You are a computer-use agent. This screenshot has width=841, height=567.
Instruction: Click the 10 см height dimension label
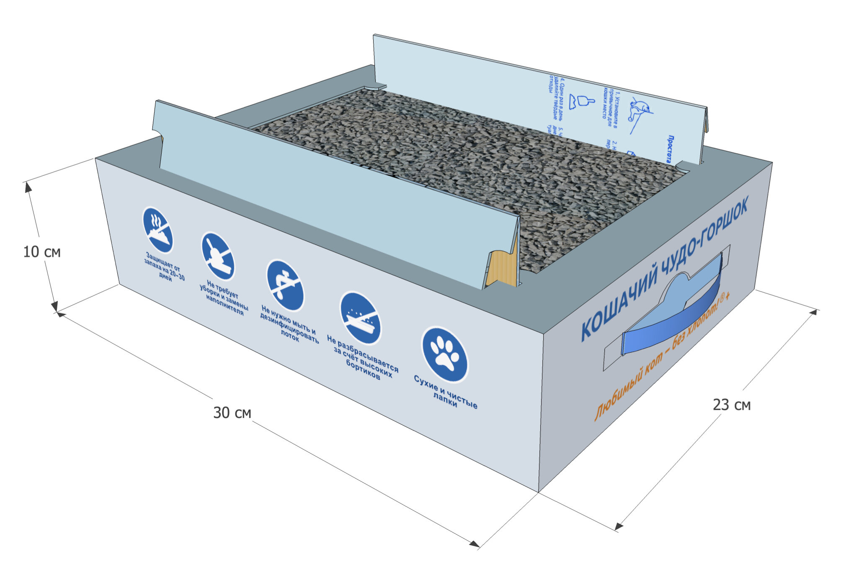tap(42, 252)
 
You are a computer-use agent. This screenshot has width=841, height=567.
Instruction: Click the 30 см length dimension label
tap(232, 413)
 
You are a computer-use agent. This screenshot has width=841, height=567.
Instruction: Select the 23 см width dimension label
tap(732, 405)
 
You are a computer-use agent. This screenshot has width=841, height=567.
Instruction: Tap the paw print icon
tap(444, 354)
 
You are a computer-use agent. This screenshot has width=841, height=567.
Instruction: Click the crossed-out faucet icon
tap(285, 285)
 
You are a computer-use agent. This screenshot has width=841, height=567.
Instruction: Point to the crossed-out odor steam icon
tap(158, 230)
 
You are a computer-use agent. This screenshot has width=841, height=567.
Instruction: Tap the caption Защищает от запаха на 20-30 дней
tap(164, 267)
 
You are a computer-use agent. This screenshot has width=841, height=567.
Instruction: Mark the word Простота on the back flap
tap(670, 149)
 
